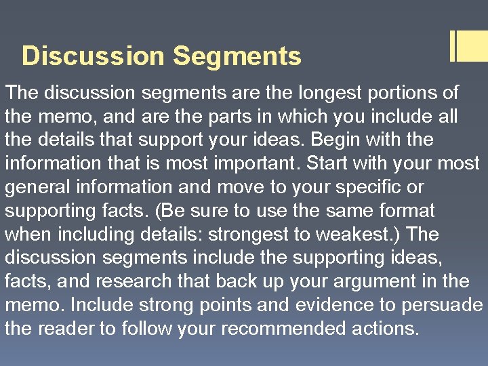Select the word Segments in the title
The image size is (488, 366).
click(237, 56)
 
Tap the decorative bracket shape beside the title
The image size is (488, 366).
click(468, 47)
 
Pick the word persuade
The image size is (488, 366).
click(442, 306)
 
